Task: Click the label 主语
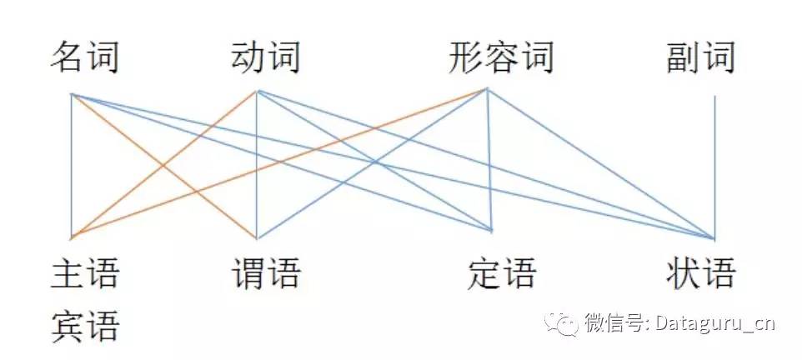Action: click(x=85, y=273)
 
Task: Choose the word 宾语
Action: click(x=85, y=326)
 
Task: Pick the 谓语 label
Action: click(x=265, y=273)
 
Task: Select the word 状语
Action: click(x=701, y=273)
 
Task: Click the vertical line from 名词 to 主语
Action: click(x=73, y=167)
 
